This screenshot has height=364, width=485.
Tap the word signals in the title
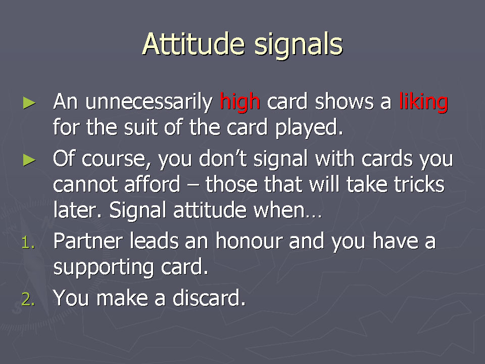click(299, 47)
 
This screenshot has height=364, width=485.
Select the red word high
click(239, 102)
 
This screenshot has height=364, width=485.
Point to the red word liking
click(423, 102)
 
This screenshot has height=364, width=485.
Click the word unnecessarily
click(149, 102)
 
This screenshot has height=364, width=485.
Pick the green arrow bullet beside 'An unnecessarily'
click(29, 103)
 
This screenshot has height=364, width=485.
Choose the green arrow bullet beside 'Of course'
click(29, 160)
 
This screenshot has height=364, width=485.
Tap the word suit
click(141, 127)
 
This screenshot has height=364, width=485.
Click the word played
click(309, 128)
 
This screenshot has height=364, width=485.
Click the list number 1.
click(28, 242)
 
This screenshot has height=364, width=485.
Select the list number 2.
click(28, 299)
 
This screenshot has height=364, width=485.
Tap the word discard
click(209, 298)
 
